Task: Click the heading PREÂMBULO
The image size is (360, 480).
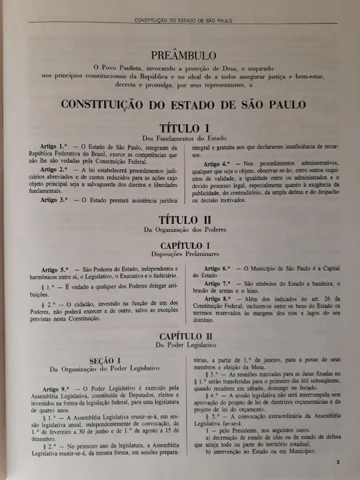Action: (183, 54)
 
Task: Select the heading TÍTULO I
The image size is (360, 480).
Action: (184, 127)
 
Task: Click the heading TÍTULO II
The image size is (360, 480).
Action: (184, 219)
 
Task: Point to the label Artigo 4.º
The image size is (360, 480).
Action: (217, 163)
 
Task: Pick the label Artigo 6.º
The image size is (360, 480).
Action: (217, 267)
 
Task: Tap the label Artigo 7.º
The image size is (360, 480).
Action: (217, 283)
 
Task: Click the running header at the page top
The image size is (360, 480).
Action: (183, 21)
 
